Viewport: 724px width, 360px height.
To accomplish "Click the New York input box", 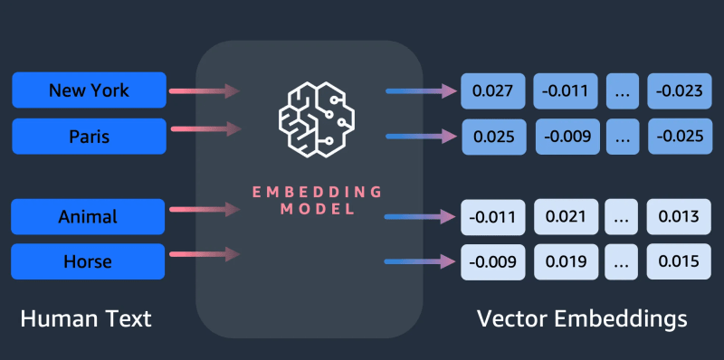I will pyautogui.click(x=89, y=90).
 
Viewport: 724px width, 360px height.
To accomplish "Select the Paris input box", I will pyautogui.click(x=89, y=137).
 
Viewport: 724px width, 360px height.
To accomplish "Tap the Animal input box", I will pyautogui.click(x=89, y=217).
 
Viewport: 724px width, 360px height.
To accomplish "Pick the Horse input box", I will pyautogui.click(x=89, y=261).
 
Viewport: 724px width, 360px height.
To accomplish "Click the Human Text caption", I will pyautogui.click(x=86, y=318).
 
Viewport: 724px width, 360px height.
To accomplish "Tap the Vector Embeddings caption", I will pyautogui.click(x=581, y=318).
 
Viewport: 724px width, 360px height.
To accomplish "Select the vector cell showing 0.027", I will pyautogui.click(x=493, y=91).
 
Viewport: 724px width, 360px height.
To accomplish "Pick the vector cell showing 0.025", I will pyautogui.click(x=493, y=137).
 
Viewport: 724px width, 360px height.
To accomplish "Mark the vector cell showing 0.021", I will pyautogui.click(x=566, y=217).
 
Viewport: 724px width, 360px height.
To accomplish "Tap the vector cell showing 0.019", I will pyautogui.click(x=566, y=262).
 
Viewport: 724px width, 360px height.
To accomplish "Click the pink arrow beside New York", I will pyautogui.click(x=205, y=90).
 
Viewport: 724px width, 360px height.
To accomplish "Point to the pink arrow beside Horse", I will pyautogui.click(x=205, y=255).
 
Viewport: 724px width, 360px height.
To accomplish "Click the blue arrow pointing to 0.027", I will pyautogui.click(x=421, y=90).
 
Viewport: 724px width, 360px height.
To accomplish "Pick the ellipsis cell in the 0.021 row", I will pyautogui.click(x=621, y=217).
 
